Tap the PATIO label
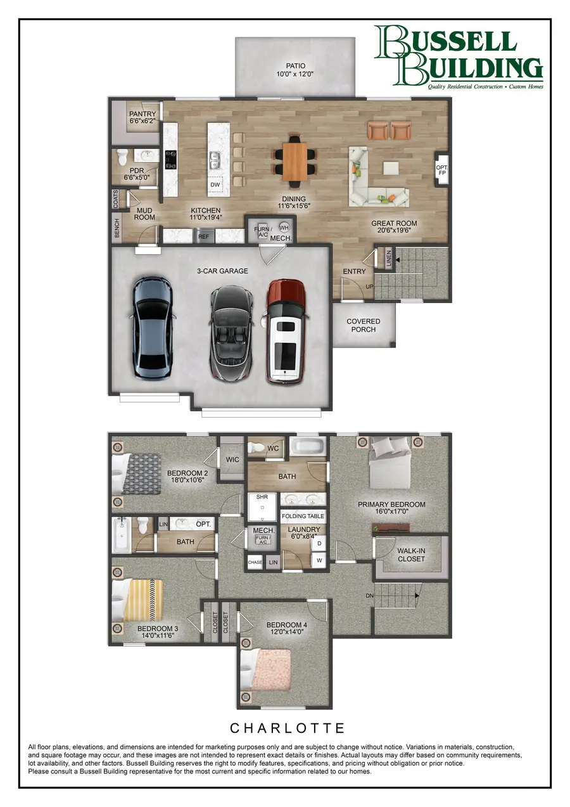pos(295,70)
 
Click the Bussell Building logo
pos(458,56)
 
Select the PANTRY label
pos(142,117)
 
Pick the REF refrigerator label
pos(203,236)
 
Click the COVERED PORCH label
pos(364,325)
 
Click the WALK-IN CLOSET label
pos(411,555)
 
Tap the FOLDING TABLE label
pos(303,516)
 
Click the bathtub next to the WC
pos(308,446)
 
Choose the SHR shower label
pos(262,498)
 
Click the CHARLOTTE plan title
pos(287,727)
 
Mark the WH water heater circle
pos(284,227)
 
